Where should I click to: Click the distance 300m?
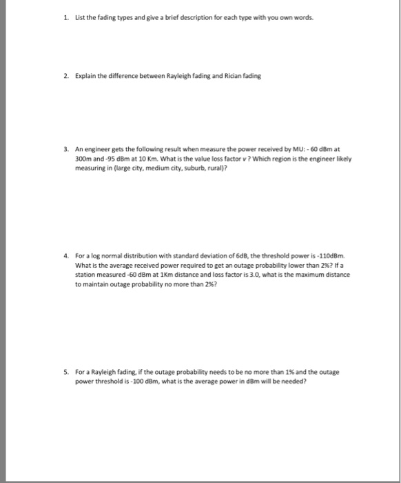(x=82, y=157)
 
